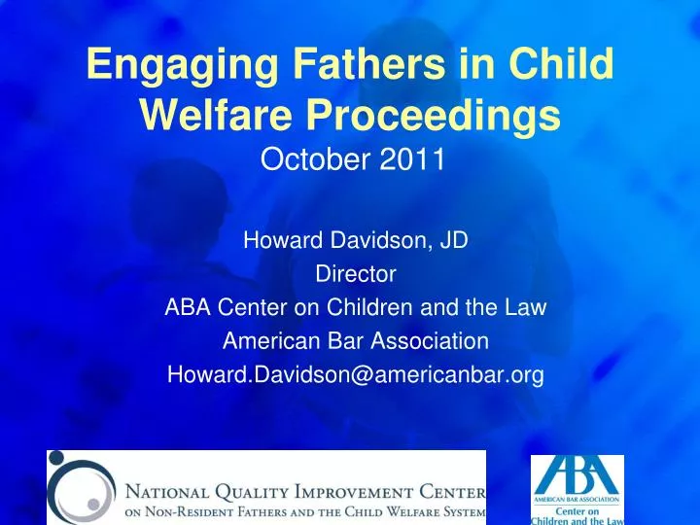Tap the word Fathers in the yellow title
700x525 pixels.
click(x=369, y=63)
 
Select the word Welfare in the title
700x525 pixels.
click(x=216, y=114)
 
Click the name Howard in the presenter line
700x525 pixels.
click(x=283, y=240)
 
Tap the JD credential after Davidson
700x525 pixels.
click(x=454, y=240)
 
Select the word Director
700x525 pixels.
click(x=356, y=273)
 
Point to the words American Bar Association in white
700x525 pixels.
click(x=356, y=340)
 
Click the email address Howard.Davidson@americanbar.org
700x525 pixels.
click(x=356, y=374)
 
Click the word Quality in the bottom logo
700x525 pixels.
click(x=252, y=492)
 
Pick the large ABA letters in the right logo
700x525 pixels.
click(x=577, y=475)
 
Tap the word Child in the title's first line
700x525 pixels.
click(x=561, y=63)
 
